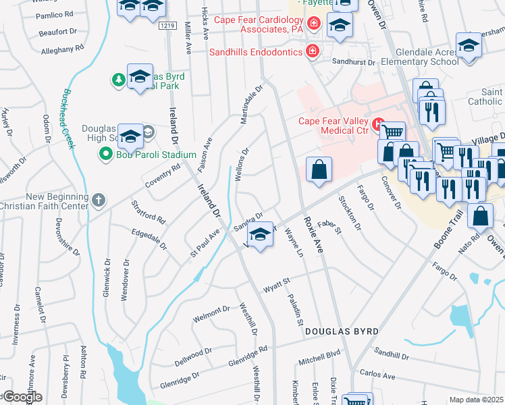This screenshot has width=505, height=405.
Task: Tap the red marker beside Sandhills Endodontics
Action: [x=312, y=51]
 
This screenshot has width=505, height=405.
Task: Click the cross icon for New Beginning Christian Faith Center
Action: [x=99, y=200]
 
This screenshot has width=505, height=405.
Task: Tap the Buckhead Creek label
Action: [x=69, y=119]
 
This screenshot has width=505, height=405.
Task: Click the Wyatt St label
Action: [x=277, y=281]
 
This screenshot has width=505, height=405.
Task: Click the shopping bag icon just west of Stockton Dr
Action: [x=319, y=169]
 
